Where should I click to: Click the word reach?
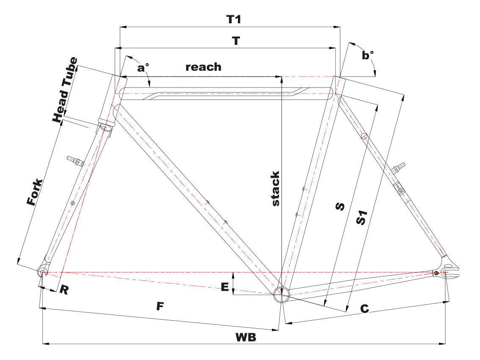point(203,67)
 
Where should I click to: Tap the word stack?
point(276,188)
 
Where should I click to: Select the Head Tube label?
point(65,89)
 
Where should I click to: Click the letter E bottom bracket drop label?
point(225,287)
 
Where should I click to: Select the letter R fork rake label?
point(63,290)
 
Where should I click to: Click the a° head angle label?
point(143,68)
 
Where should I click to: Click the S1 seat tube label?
point(361,216)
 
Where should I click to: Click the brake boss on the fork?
point(75,160)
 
